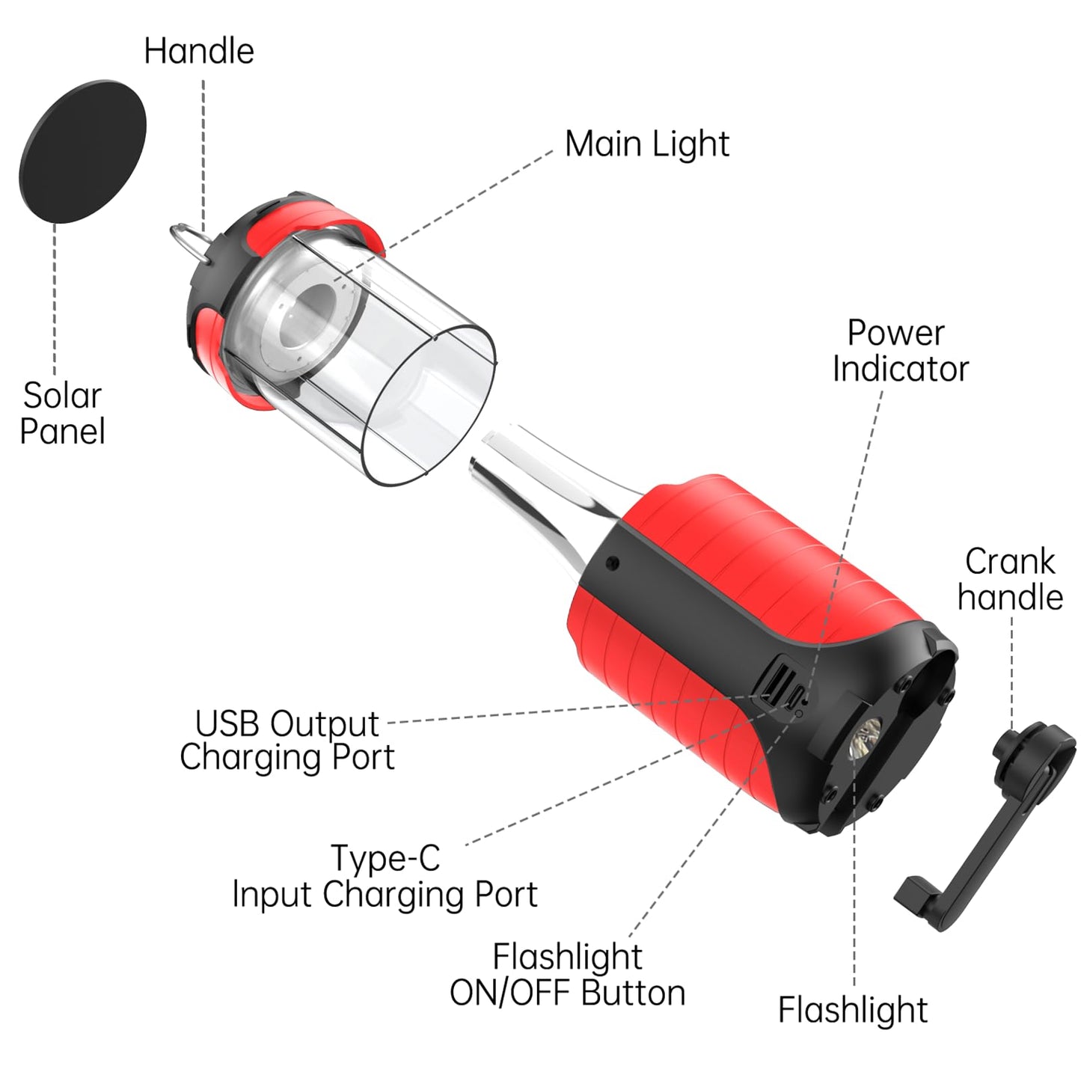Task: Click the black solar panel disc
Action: (x=82, y=151)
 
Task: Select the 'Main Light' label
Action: (x=646, y=144)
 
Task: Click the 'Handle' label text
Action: (x=199, y=51)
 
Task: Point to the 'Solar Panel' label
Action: (x=62, y=413)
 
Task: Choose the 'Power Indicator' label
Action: (x=899, y=351)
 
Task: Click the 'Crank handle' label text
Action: (x=1010, y=579)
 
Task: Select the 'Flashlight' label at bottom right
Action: (x=852, y=1010)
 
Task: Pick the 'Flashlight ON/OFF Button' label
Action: (x=567, y=975)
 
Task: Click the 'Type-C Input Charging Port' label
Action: (x=385, y=876)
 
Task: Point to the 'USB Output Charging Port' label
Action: (x=287, y=740)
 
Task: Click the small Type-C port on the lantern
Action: (x=795, y=696)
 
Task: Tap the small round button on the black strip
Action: (x=613, y=563)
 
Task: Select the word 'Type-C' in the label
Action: (x=385, y=858)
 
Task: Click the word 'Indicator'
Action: (x=900, y=369)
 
